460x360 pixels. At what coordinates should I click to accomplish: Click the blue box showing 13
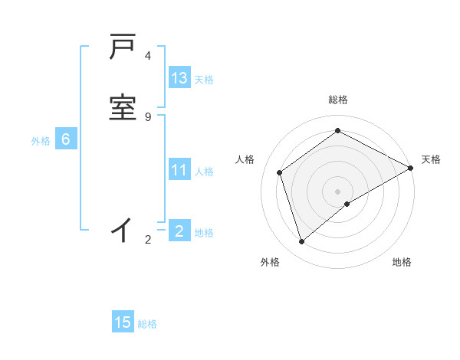pyautogui.click(x=179, y=78)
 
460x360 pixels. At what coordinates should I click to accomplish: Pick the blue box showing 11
pyautogui.click(x=179, y=170)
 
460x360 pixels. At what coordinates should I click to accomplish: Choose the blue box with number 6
pyautogui.click(x=66, y=139)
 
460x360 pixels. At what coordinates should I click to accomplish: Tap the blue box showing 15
pyautogui.click(x=123, y=322)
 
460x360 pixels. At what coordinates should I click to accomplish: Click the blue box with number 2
pyautogui.click(x=179, y=231)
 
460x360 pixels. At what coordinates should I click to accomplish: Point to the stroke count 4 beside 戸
pyautogui.click(x=148, y=56)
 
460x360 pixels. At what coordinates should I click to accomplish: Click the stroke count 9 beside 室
pyautogui.click(x=148, y=116)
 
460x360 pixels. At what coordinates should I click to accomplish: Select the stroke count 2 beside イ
pyautogui.click(x=148, y=240)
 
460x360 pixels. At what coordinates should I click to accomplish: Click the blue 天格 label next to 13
pyautogui.click(x=204, y=79)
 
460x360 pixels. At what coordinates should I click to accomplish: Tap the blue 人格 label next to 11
pyautogui.click(x=205, y=172)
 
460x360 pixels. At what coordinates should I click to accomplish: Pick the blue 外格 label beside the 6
pyautogui.click(x=41, y=140)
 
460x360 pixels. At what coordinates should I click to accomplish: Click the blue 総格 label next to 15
pyautogui.click(x=147, y=324)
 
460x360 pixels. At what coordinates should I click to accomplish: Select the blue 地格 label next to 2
pyautogui.click(x=204, y=232)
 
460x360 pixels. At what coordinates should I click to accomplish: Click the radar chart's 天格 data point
pyautogui.click(x=411, y=169)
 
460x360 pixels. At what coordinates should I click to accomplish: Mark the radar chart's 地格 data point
pyautogui.click(x=348, y=204)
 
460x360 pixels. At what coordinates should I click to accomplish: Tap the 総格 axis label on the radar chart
pyautogui.click(x=337, y=100)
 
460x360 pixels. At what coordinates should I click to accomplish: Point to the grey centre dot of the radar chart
pyautogui.click(x=337, y=191)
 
